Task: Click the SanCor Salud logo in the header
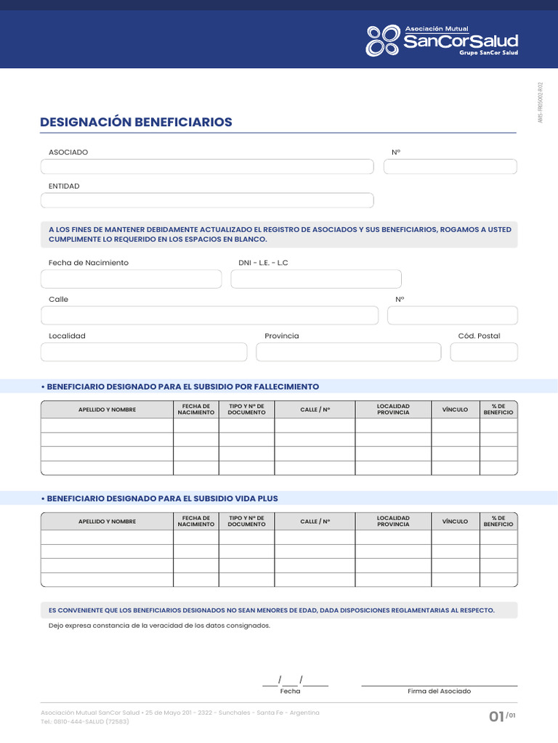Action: click(442, 41)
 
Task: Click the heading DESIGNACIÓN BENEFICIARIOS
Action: click(137, 122)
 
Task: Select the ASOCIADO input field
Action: click(207, 167)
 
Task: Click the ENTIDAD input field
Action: click(207, 200)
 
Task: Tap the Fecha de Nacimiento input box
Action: click(132, 279)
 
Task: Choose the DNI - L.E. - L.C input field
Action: click(316, 279)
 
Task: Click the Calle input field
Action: click(210, 315)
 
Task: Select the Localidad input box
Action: click(144, 352)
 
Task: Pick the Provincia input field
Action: click(348, 352)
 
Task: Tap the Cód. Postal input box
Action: click(484, 352)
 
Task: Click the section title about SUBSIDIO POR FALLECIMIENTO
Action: click(182, 387)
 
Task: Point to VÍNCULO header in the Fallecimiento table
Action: click(455, 410)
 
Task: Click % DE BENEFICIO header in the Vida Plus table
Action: click(498, 521)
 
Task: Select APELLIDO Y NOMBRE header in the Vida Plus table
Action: click(107, 522)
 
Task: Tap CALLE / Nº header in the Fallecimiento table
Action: click(315, 410)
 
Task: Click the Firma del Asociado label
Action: click(439, 691)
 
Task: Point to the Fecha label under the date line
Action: click(290, 691)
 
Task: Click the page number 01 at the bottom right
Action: click(497, 717)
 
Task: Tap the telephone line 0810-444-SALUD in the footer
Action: click(85, 722)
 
